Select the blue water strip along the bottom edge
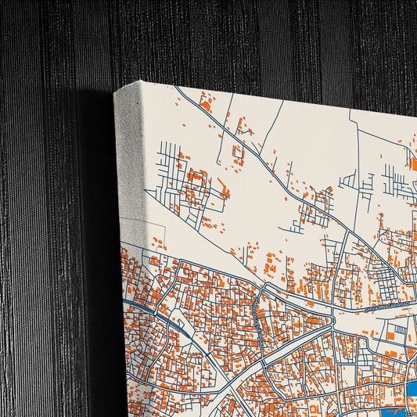click(x=391, y=412)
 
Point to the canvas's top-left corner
click(x=115, y=91)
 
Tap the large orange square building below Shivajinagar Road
click(x=390, y=335)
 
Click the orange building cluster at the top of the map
click(x=207, y=103)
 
